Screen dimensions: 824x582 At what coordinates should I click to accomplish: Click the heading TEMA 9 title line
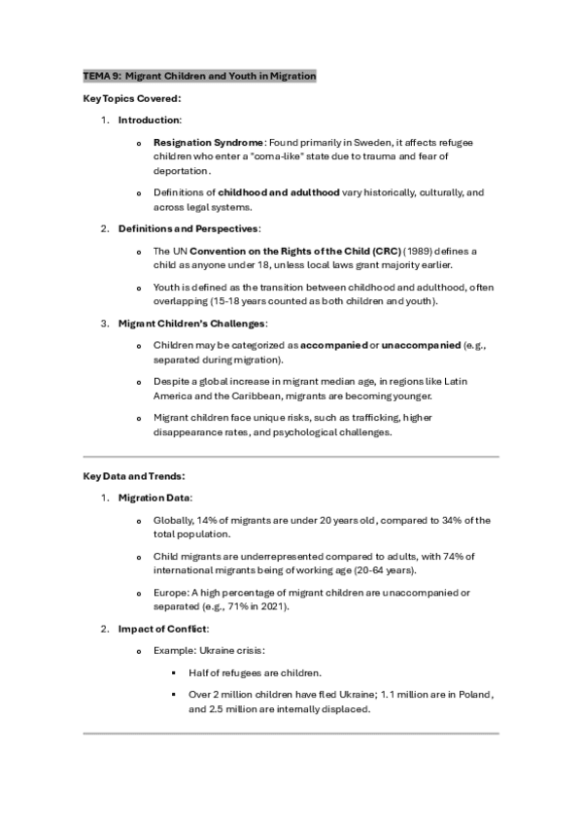tap(199, 76)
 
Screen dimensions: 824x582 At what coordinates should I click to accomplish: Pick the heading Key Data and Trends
tap(134, 475)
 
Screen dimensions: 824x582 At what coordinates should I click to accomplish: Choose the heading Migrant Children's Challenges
tap(191, 323)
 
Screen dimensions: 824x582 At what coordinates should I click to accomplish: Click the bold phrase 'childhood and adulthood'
tap(278, 192)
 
